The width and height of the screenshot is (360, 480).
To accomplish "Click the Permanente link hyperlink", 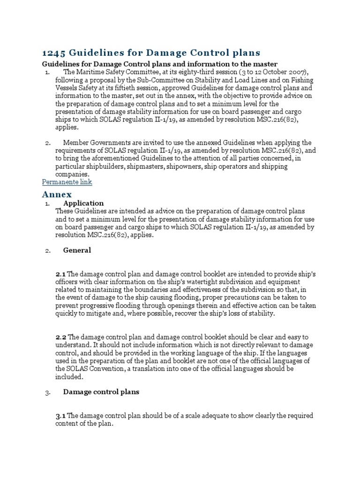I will coord(67,182).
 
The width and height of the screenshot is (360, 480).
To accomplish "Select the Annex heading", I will coord(57,194).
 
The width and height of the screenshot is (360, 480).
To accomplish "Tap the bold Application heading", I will coord(83,203).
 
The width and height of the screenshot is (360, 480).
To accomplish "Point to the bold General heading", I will coord(77,250).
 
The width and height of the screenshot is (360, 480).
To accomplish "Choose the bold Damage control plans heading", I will coord(101,392).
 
